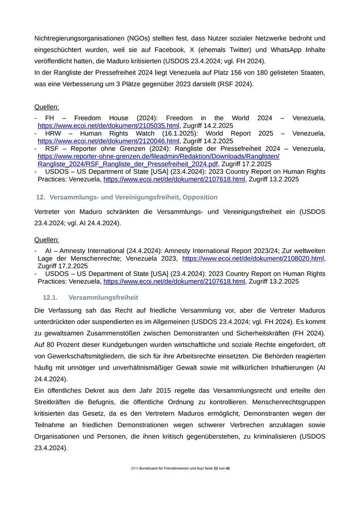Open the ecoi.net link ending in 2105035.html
(109, 125)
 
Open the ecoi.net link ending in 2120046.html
(109, 141)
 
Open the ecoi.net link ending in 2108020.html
(253, 259)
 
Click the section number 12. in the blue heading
(40, 197)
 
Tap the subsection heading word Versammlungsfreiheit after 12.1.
(103, 298)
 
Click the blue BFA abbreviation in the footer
(135, 468)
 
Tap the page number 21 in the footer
(216, 468)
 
